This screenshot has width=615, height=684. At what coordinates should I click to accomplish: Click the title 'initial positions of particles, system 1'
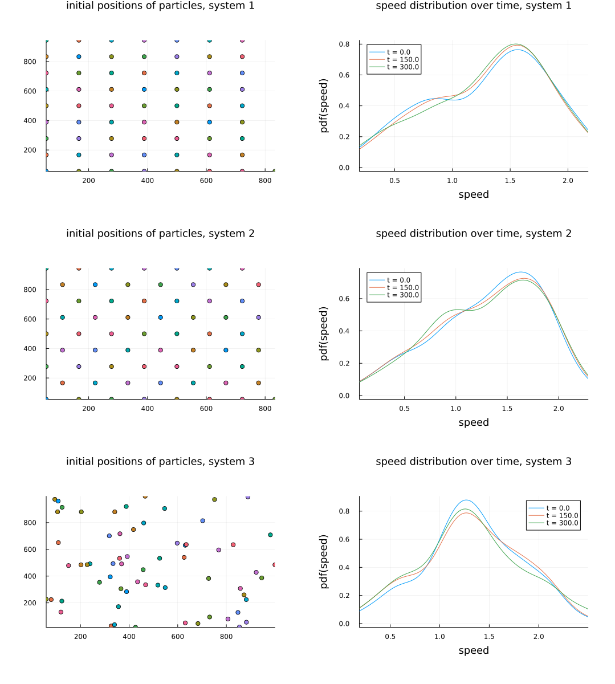pyautogui.click(x=160, y=6)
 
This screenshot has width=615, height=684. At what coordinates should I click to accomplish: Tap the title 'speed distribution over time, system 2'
pyautogui.click(x=473, y=234)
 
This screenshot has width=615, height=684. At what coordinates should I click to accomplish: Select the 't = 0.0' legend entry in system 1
pyautogui.click(x=398, y=52)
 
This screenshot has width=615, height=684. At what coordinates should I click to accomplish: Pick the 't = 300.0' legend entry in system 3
pyautogui.click(x=561, y=523)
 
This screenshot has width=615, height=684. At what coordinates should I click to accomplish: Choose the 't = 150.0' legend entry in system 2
pyautogui.click(x=402, y=288)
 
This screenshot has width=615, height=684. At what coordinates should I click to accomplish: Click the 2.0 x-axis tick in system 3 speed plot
pyautogui.click(x=539, y=636)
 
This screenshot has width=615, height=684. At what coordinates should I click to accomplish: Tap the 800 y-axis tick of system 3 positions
pyautogui.click(x=30, y=523)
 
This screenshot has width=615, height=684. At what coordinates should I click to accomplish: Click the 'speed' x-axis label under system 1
pyautogui.click(x=474, y=194)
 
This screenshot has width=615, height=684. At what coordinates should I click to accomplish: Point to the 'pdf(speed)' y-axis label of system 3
pyautogui.click(x=324, y=561)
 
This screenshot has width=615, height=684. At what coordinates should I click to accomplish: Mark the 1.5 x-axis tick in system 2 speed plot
pyautogui.click(x=507, y=408)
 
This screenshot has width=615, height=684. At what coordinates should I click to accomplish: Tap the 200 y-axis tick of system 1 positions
pyautogui.click(x=30, y=150)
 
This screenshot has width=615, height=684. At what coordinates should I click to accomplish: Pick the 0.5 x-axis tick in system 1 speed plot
pyautogui.click(x=394, y=180)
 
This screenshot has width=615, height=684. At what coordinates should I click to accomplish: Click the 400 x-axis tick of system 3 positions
pyautogui.click(x=129, y=636)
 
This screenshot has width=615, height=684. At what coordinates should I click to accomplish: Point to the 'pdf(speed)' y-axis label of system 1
pyautogui.click(x=324, y=105)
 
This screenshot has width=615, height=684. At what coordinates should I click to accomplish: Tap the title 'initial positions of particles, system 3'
pyautogui.click(x=160, y=462)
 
